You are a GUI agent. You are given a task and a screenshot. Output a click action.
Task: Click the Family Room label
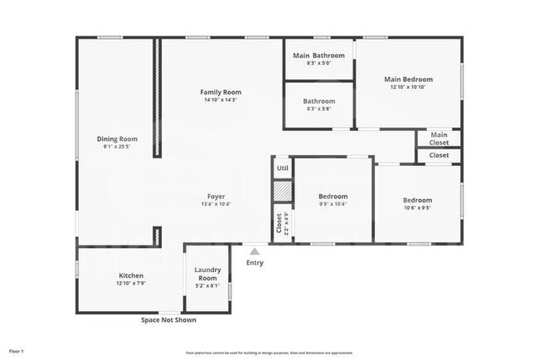point(221,91)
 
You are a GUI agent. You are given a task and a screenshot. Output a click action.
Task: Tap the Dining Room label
point(117,139)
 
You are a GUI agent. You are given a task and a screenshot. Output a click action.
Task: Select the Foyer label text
point(216,197)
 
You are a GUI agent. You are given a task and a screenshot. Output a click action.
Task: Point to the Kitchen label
point(131,275)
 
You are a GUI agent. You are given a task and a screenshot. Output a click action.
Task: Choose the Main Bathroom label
point(319,56)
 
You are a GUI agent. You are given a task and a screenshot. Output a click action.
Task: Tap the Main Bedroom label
point(408,80)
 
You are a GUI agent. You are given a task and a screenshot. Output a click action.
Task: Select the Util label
point(283,168)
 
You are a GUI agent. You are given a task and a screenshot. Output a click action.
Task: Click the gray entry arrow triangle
point(255,251)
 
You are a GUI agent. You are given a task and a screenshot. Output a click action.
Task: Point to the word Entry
point(255,263)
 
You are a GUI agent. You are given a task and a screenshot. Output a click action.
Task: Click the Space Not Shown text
point(168,319)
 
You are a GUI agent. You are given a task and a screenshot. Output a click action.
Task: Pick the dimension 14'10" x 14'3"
point(221,100)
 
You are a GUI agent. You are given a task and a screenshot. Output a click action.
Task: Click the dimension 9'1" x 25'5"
point(117,147)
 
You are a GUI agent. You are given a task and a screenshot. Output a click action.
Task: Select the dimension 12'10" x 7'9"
point(131,284)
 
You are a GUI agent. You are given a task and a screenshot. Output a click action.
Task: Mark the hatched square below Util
point(283,190)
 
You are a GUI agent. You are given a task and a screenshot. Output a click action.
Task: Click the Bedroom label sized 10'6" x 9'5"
point(417,200)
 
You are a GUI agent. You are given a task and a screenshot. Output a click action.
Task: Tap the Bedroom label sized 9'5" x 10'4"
point(333,197)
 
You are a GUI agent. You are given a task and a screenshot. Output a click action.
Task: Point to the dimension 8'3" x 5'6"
point(319,109)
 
